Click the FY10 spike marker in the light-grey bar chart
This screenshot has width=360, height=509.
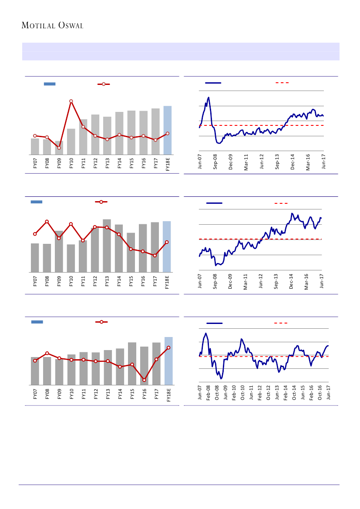point(71,101)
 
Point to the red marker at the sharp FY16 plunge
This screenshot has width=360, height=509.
point(144,380)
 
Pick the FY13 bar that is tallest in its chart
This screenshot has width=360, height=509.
point(107,246)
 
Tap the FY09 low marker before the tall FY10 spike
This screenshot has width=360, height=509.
point(59,148)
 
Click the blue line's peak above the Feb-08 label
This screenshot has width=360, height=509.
point(205,334)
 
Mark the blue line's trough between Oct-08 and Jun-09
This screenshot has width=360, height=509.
point(221,378)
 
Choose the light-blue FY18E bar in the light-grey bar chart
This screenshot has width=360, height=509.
point(168,130)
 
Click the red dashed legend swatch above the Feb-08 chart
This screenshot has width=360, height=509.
point(281,324)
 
